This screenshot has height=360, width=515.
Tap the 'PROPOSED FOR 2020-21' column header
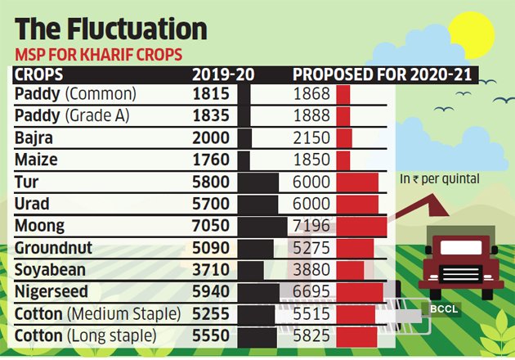[x=384, y=75]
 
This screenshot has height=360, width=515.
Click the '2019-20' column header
[x=223, y=75]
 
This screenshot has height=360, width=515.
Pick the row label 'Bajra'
[x=34, y=137]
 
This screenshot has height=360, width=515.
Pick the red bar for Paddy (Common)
[x=343, y=93]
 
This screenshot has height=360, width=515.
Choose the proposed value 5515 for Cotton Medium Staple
[x=311, y=313]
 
